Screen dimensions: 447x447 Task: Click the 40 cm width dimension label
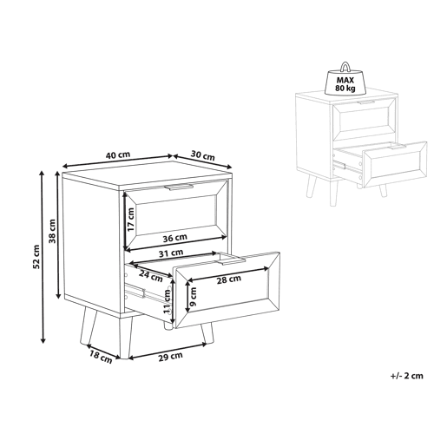117,154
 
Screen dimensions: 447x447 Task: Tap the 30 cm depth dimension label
202,155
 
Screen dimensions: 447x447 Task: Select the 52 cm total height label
36,257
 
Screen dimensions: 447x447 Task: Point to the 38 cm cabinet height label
52,231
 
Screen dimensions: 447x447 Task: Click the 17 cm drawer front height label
131,220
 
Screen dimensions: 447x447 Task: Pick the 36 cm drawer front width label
174,238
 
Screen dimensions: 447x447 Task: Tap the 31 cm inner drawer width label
171,253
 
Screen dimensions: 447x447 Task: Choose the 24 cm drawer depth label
150,276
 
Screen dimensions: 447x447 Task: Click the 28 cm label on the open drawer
229,279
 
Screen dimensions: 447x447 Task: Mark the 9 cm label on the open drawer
194,297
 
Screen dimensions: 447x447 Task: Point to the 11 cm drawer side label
167,301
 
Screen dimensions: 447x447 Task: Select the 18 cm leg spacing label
101,357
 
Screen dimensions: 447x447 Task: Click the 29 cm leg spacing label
170,356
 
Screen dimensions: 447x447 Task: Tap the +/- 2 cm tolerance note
407,376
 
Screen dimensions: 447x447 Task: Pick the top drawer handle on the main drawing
179,187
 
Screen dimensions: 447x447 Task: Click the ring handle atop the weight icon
345,67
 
